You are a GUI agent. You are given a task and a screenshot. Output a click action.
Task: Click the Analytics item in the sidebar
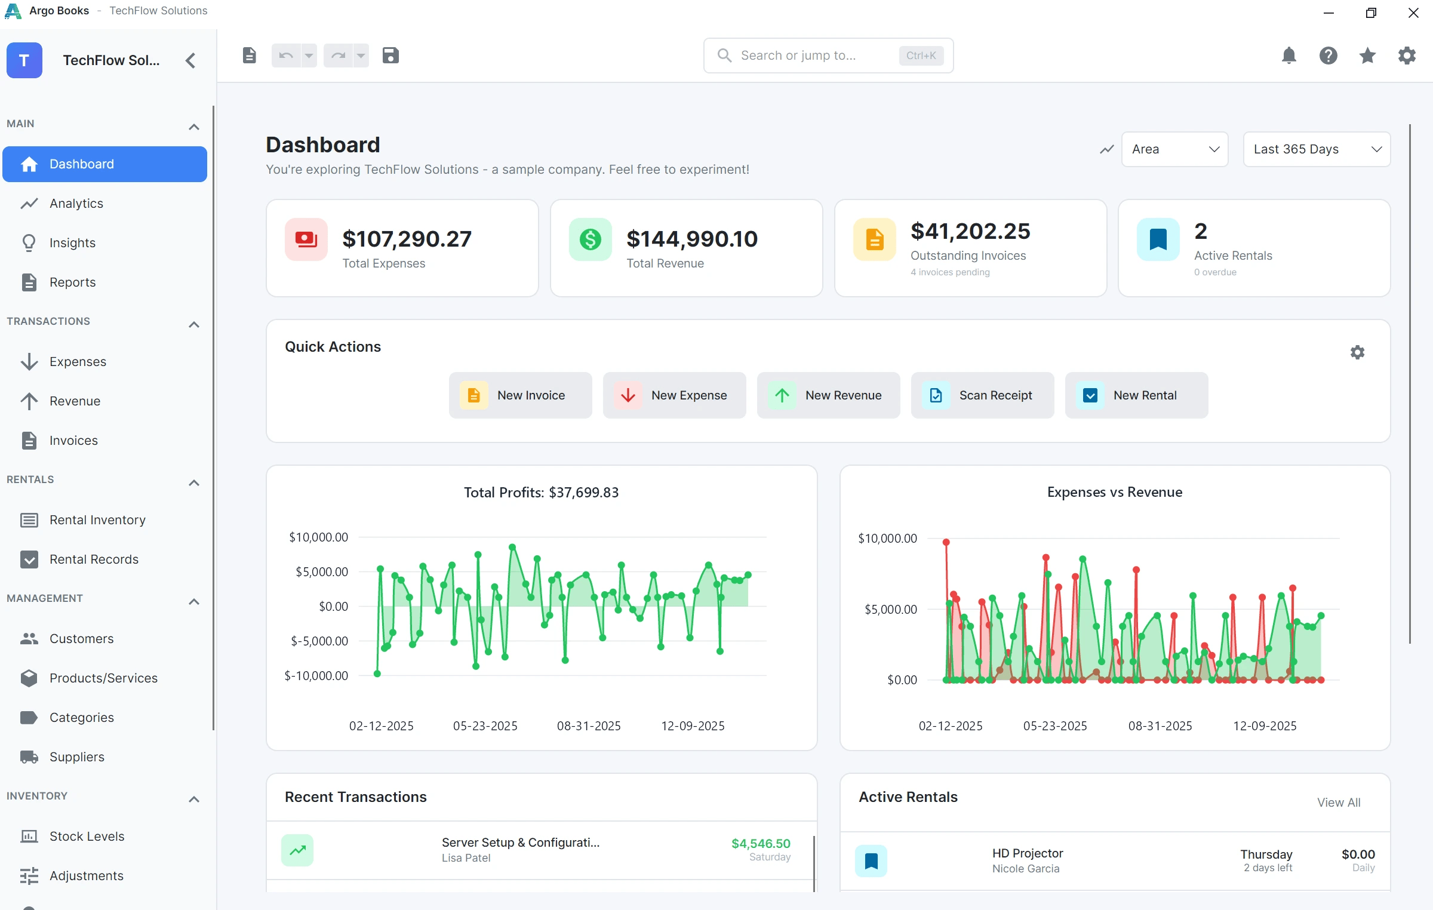(76, 204)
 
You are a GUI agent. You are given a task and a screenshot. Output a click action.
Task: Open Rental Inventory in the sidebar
(97, 520)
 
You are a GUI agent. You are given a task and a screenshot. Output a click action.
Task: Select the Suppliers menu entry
(77, 757)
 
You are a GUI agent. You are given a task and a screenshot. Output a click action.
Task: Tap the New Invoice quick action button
(520, 395)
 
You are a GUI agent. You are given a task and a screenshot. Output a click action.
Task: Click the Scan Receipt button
(982, 395)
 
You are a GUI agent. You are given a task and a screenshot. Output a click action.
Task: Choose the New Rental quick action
(1136, 395)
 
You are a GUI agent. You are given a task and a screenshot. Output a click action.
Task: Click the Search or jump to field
(828, 56)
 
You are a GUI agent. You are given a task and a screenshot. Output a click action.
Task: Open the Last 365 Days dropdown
(1317, 149)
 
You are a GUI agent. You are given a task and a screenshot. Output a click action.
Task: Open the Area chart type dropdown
(1174, 149)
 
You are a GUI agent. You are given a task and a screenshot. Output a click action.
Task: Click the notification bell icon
(1289, 56)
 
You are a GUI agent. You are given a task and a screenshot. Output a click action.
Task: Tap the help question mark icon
(1328, 56)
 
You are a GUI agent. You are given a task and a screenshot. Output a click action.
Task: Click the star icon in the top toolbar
(1367, 56)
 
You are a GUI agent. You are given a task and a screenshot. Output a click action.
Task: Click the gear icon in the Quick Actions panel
(1357, 352)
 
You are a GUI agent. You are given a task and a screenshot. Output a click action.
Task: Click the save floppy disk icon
(390, 56)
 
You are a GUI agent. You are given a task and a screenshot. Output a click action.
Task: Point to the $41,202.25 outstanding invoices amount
(970, 231)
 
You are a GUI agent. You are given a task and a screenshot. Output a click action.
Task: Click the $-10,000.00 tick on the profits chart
(316, 676)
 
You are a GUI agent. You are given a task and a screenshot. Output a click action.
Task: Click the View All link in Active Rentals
(1339, 803)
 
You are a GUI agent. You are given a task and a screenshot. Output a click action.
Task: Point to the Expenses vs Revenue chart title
(1115, 492)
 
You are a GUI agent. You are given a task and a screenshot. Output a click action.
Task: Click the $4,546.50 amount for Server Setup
(761, 843)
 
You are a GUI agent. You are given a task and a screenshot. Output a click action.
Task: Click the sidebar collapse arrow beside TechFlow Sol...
(190, 60)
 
